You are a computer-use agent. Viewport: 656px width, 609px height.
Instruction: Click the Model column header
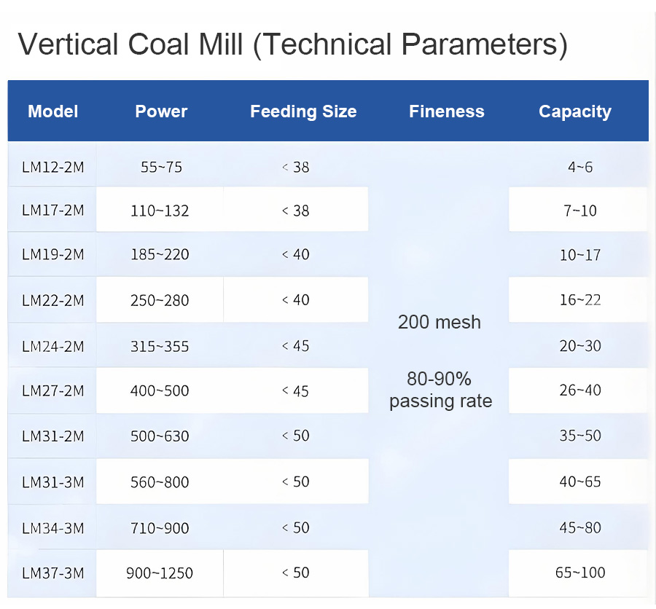tap(52, 111)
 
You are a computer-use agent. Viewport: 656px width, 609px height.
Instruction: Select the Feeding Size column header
tap(303, 111)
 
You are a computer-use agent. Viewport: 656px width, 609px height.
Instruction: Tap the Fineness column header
tap(446, 111)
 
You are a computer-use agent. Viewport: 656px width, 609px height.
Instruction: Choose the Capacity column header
tap(574, 111)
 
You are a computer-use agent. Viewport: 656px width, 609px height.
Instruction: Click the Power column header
tap(161, 111)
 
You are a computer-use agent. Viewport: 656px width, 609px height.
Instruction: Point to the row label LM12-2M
tap(52, 167)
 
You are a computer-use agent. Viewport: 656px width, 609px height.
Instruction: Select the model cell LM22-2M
tap(52, 299)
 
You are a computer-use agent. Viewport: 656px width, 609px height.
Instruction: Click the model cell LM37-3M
tap(52, 573)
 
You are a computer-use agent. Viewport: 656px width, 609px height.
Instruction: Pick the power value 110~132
tap(160, 211)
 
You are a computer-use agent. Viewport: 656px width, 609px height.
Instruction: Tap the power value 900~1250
tap(160, 573)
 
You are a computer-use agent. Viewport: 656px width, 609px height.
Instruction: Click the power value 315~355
tap(160, 345)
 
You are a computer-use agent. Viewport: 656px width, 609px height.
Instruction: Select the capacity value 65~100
tap(580, 573)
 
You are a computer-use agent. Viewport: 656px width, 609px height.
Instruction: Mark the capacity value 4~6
tap(580, 167)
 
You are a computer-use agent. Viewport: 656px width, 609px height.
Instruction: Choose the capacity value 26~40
tap(580, 390)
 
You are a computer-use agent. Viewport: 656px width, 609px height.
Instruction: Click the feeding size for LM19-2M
tap(296, 254)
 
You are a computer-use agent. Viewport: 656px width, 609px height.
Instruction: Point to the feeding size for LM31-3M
tap(296, 482)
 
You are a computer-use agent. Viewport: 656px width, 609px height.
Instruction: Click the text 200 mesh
tap(440, 322)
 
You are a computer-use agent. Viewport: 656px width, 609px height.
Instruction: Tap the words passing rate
tap(440, 401)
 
